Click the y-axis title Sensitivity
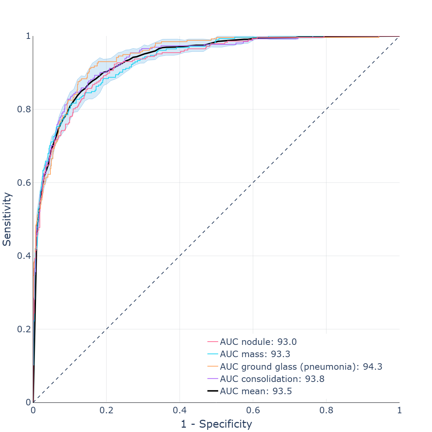(7, 219)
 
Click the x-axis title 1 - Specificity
(216, 424)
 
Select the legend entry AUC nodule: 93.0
(258, 342)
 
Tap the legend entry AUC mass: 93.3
(255, 354)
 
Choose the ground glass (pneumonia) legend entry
(301, 367)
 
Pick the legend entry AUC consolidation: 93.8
(272, 379)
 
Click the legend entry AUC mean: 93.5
(256, 391)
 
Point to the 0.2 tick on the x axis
(106, 410)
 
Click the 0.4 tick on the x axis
(180, 410)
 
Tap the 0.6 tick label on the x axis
(253, 410)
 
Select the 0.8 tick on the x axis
(326, 410)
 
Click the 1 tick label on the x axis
(399, 410)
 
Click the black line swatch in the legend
(213, 391)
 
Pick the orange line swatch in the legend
(213, 367)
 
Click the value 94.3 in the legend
(373, 367)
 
